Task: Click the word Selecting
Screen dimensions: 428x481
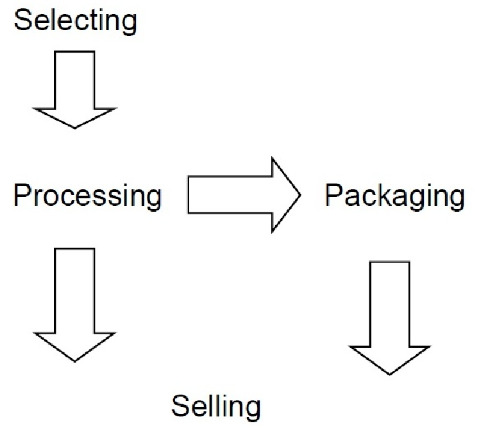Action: click(76, 21)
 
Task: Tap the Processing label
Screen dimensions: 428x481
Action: click(87, 195)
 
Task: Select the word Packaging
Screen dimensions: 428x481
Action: click(394, 195)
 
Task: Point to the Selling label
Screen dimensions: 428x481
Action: click(217, 406)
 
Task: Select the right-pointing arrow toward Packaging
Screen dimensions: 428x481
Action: click(244, 194)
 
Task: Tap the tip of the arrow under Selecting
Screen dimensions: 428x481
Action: click(75, 126)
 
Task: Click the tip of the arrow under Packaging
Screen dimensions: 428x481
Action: click(390, 373)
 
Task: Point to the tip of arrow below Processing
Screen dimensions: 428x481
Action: click(75, 360)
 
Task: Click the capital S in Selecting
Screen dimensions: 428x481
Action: click(22, 21)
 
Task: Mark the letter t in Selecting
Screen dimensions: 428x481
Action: click(92, 21)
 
